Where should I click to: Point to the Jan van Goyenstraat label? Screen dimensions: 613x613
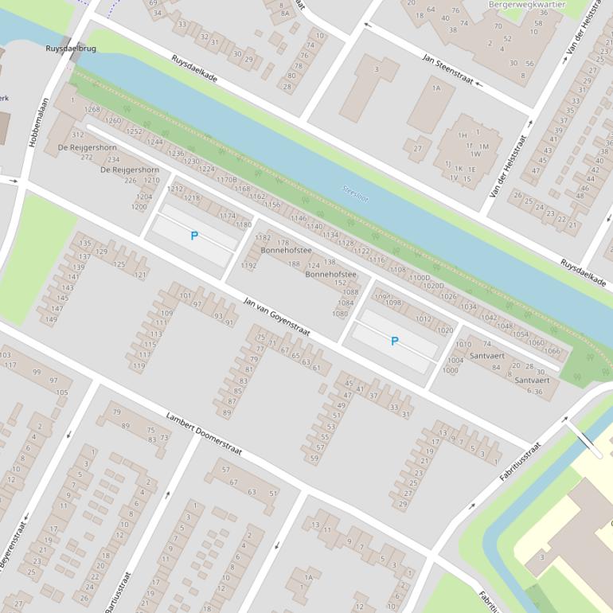pyautogui.click(x=276, y=316)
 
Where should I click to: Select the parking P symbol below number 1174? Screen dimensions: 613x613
pyautogui.click(x=194, y=236)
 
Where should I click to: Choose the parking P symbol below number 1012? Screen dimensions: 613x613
pyautogui.click(x=394, y=341)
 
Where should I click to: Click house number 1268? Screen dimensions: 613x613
pyautogui.click(x=92, y=110)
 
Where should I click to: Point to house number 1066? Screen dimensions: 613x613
pyautogui.click(x=552, y=351)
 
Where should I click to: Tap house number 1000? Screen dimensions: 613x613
pyautogui.click(x=451, y=370)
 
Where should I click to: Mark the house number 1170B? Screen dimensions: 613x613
pyautogui.click(x=227, y=180)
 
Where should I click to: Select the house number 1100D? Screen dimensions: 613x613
pyautogui.click(x=420, y=278)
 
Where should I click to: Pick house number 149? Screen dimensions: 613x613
pyautogui.click(x=51, y=319)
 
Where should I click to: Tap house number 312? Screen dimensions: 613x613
pyautogui.click(x=77, y=135)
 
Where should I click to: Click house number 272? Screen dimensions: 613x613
pyautogui.click(x=87, y=157)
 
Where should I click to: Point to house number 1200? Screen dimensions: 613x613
pyautogui.click(x=139, y=207)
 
